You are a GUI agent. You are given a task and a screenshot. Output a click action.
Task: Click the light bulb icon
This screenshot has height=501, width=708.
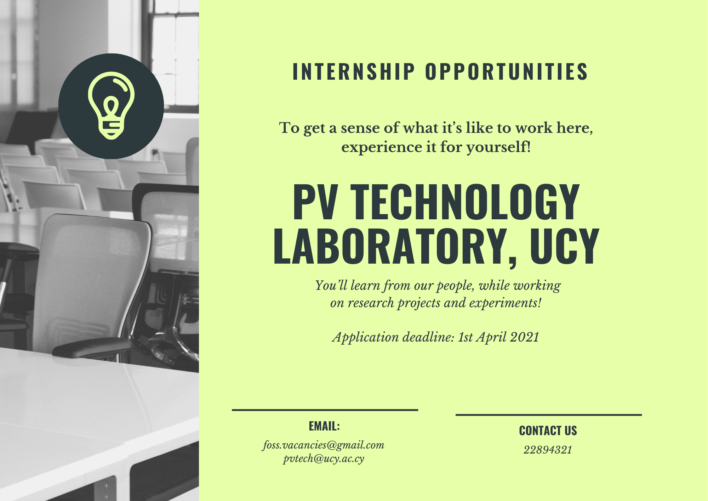coord(111,106)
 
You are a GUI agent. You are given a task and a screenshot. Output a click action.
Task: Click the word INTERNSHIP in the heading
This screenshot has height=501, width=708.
coord(354,72)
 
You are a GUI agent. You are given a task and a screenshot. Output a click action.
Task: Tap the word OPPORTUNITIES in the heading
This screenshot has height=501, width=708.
coord(507,72)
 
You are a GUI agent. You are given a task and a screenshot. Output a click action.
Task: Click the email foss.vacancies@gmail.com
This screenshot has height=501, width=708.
coord(323,445)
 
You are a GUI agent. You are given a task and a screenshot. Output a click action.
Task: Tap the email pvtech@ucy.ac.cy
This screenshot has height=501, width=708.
coord(324,459)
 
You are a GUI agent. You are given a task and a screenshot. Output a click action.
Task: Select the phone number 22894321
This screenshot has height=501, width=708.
coord(548,450)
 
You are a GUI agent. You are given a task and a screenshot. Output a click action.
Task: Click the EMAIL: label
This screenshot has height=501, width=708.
coord(324,426)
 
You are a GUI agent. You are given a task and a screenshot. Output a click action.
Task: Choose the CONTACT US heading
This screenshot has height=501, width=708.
coord(548,431)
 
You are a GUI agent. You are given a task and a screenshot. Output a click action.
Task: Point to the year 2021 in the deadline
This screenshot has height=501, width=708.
coord(525,337)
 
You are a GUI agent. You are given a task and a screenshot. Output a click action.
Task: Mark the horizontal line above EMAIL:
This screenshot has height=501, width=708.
coord(325,410)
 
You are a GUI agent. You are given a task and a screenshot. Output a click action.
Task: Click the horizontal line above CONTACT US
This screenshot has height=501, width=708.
coord(549,415)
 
